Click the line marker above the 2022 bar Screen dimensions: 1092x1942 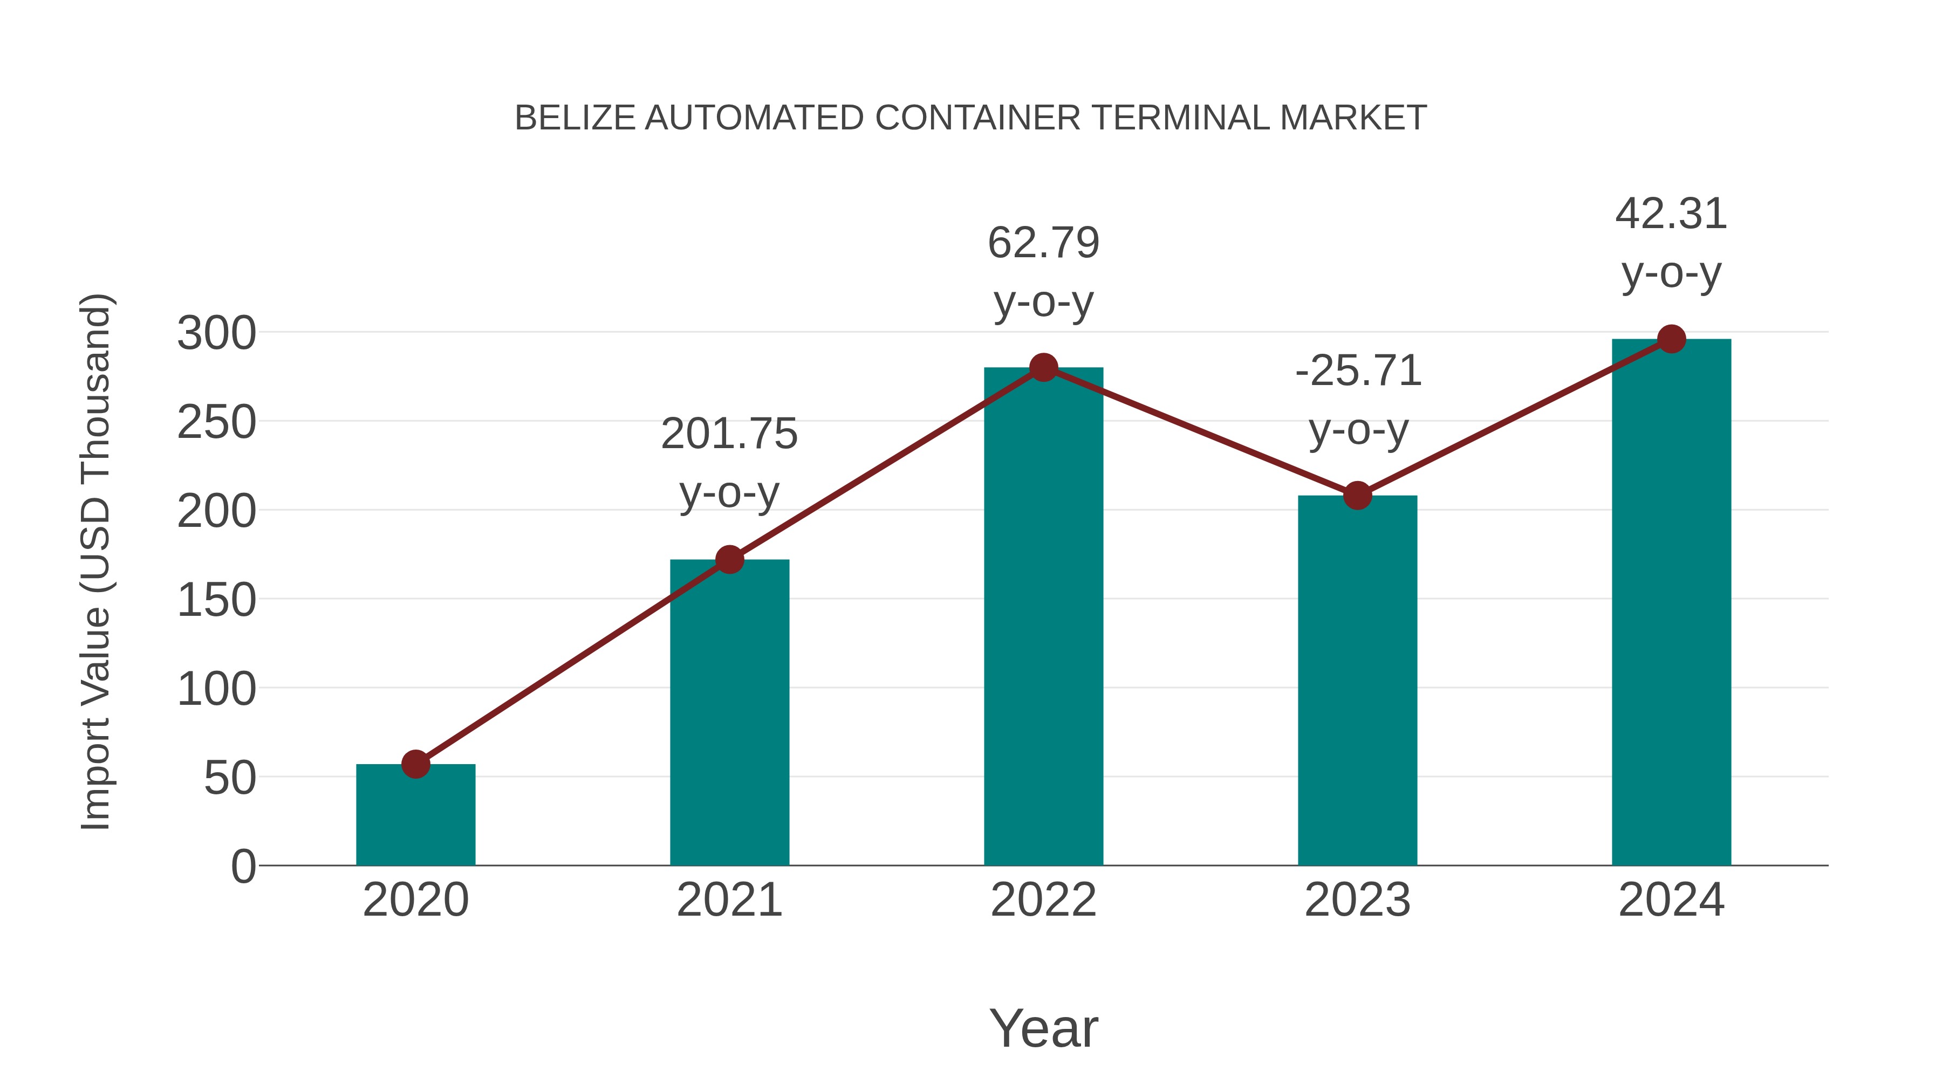pos(1043,368)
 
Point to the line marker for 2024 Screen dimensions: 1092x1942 pos(1671,339)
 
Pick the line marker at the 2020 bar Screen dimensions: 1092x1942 pos(415,764)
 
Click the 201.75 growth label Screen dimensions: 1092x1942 pos(729,435)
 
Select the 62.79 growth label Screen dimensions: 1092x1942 pos(1043,243)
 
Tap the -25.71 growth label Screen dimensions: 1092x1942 pos(1358,372)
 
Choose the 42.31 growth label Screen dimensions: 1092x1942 pos(1671,214)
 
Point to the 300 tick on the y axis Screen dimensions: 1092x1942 pos(216,333)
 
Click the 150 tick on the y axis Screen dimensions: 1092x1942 pos(216,601)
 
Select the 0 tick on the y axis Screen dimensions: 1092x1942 pos(243,867)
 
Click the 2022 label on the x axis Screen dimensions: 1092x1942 pos(1043,900)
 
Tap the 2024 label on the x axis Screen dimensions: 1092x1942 pos(1671,900)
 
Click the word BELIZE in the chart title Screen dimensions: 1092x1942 pos(575,118)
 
